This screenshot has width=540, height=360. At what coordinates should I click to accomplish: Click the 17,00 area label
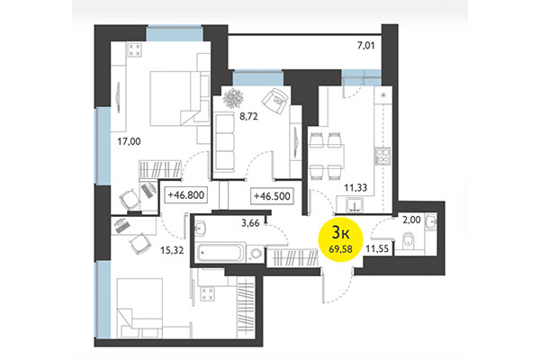point(130,141)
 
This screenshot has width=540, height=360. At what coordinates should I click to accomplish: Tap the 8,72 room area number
point(236,117)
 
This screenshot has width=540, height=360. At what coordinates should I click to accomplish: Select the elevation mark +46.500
point(274,193)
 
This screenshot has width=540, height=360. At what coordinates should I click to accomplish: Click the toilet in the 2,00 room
point(409,239)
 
